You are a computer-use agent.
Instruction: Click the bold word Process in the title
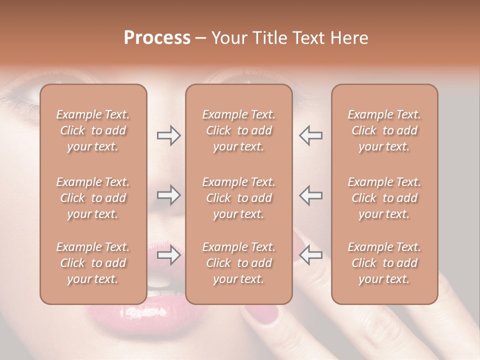pyautogui.click(x=157, y=38)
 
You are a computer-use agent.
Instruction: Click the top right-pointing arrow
pyautogui.click(x=168, y=135)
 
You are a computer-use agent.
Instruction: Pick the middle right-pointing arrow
pyautogui.click(x=168, y=195)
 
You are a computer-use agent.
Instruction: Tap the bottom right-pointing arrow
pyautogui.click(x=168, y=255)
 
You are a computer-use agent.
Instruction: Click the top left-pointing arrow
pyautogui.click(x=310, y=135)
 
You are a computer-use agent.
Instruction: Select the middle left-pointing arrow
pyautogui.click(x=310, y=195)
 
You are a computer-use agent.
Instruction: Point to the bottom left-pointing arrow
pyautogui.click(x=310, y=255)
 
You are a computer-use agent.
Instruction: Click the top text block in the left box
pyautogui.click(x=93, y=130)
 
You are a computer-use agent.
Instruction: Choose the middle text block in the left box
pyautogui.click(x=93, y=198)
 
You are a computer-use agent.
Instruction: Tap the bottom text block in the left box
pyautogui.click(x=93, y=263)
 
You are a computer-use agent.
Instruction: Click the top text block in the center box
pyautogui.click(x=238, y=130)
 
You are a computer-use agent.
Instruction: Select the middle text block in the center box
pyautogui.click(x=238, y=198)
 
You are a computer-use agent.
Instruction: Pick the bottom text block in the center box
pyautogui.click(x=238, y=263)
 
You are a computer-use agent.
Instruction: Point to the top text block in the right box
pyautogui.click(x=384, y=130)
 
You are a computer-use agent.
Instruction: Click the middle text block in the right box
pyautogui.click(x=384, y=198)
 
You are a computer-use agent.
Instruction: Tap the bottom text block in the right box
pyautogui.click(x=384, y=263)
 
